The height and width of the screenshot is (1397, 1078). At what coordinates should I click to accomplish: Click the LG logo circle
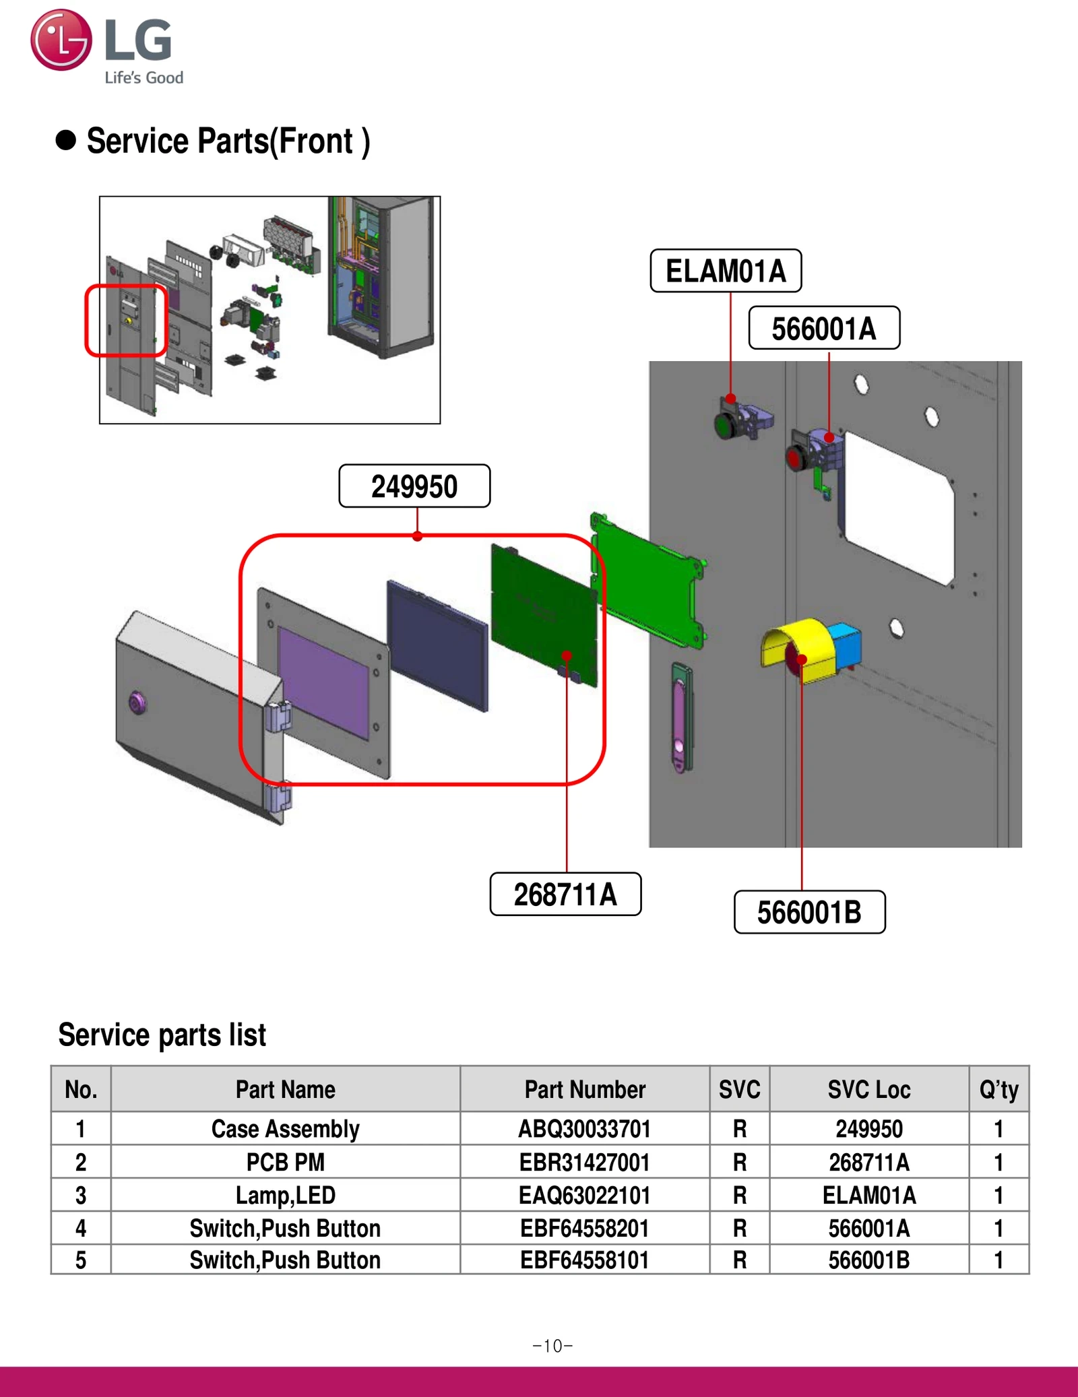point(61,40)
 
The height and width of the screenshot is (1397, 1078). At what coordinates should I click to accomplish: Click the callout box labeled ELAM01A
point(726,271)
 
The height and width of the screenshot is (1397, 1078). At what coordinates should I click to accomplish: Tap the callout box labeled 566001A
point(824,328)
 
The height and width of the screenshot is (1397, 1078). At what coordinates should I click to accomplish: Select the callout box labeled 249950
point(414,486)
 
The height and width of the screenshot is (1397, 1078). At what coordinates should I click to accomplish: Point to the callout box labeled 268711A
point(565,894)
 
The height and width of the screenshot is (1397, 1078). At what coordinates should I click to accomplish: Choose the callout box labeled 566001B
point(809,912)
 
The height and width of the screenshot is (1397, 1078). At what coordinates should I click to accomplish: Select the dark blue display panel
point(437,645)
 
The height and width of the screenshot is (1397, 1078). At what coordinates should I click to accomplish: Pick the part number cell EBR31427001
point(584,1162)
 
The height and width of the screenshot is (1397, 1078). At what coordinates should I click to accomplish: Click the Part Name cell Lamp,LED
point(285,1195)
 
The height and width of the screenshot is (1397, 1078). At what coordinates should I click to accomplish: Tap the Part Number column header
point(584,1089)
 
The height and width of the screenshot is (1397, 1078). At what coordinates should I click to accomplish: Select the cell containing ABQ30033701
point(584,1128)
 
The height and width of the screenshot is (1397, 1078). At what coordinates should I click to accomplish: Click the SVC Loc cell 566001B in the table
point(868,1260)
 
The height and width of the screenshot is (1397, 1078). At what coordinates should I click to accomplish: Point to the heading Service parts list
point(162,1035)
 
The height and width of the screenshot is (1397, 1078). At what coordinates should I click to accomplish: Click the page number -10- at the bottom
point(552,1346)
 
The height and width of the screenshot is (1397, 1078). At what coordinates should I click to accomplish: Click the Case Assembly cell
point(285,1128)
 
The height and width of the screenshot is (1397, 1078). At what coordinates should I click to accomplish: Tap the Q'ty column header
point(998,1089)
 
